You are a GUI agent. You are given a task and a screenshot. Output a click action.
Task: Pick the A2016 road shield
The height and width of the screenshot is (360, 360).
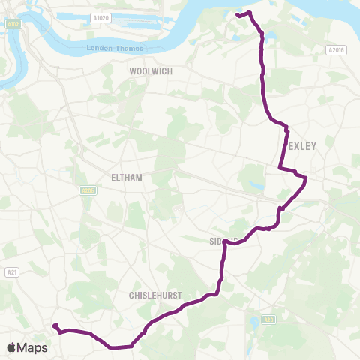(336, 51)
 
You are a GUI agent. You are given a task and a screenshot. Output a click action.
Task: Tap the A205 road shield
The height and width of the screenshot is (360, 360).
(88, 191)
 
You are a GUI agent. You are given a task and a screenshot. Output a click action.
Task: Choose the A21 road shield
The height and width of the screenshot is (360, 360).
(11, 271)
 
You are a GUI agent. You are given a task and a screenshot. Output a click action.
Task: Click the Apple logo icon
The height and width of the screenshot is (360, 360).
(13, 347)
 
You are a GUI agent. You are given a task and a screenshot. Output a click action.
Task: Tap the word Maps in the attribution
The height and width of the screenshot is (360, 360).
(33, 347)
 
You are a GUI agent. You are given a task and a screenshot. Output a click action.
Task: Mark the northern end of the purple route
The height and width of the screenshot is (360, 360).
(238, 14)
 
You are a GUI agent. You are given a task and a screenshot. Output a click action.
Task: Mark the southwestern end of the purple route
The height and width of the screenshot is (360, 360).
(54, 325)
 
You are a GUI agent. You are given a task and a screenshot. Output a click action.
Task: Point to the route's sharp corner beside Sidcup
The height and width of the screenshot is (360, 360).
(225, 240)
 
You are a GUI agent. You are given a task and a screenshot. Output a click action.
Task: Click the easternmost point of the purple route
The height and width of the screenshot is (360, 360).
(306, 178)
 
